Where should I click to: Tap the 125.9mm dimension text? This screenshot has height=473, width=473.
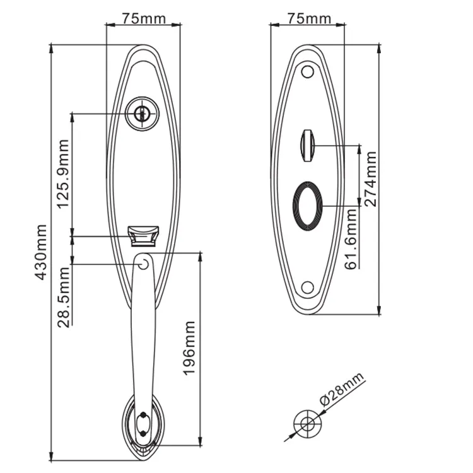point(62,174)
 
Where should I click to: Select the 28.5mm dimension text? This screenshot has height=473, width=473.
point(63,298)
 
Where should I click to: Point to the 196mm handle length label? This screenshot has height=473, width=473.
point(189,348)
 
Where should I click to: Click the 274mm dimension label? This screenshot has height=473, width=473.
point(371,179)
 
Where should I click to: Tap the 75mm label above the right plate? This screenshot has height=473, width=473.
point(308,18)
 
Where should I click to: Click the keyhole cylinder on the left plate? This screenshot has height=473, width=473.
point(143,114)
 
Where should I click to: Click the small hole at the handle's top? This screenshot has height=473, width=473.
point(143,262)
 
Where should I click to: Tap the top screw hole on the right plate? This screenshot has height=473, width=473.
point(308,72)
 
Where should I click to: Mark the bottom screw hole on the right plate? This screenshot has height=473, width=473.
point(308,288)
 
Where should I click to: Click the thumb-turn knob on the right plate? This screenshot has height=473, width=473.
point(308,144)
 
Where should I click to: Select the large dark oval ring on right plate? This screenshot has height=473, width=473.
point(308,202)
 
